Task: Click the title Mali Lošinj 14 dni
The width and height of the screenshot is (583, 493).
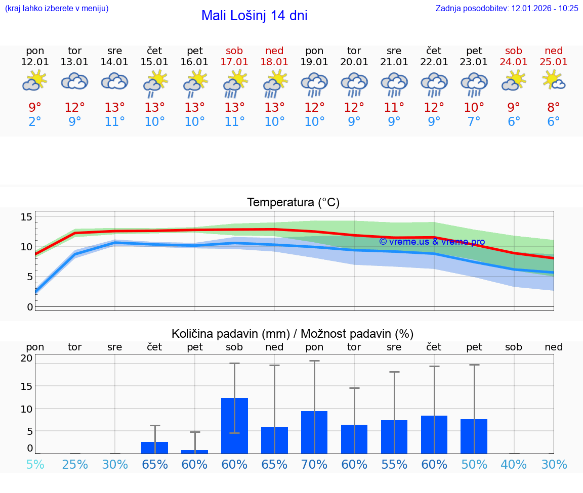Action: (x=254, y=16)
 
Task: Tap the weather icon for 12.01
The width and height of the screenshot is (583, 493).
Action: (x=34, y=81)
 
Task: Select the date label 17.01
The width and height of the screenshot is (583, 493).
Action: (x=234, y=62)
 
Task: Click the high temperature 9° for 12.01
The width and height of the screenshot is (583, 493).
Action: (x=35, y=108)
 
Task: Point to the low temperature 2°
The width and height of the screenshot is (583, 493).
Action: (x=35, y=122)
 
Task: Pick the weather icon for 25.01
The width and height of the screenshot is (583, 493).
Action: (x=554, y=81)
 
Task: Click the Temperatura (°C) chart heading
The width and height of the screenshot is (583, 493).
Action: (x=293, y=203)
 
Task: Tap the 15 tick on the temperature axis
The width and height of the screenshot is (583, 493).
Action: (x=26, y=217)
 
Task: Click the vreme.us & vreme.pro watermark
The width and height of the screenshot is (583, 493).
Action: (x=432, y=242)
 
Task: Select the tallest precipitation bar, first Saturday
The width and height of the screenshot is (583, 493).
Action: (x=234, y=425)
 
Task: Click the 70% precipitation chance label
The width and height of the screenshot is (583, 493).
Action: (x=314, y=465)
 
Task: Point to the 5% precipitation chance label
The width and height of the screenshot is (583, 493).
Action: (x=35, y=465)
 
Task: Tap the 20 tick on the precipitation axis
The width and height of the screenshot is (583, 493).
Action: (x=26, y=358)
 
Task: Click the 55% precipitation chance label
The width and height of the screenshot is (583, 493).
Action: (x=394, y=465)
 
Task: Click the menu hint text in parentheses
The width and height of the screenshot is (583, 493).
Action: (x=56, y=8)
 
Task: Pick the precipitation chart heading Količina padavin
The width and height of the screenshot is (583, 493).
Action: (x=293, y=334)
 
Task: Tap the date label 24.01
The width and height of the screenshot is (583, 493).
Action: (x=514, y=62)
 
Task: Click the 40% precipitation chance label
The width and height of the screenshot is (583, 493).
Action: (x=514, y=465)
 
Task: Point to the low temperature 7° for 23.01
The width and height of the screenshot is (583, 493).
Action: (x=474, y=122)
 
